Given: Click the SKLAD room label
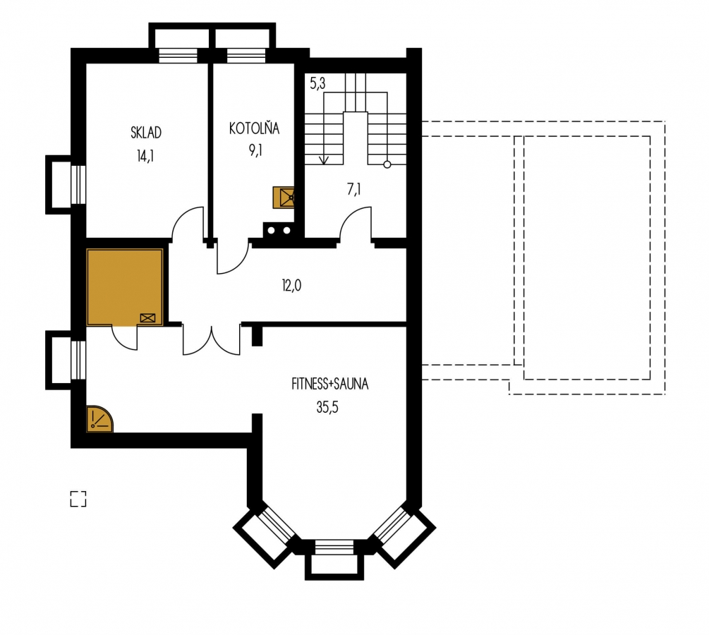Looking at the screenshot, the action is [145, 133].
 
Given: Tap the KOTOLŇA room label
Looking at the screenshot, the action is [254, 128].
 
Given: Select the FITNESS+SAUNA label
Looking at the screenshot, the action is [329, 384].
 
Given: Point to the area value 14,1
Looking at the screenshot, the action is [145, 156].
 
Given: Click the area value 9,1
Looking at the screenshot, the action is [255, 150].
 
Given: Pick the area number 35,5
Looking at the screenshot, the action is [327, 408].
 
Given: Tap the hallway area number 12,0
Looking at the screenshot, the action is [291, 285].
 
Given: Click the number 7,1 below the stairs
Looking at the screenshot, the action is [353, 190].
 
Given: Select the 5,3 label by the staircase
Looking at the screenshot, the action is [317, 83].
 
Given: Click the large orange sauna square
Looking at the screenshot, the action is [125, 286].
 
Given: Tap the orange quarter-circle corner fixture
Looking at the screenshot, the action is [99, 419].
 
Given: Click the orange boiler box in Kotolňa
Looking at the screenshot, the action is [284, 198].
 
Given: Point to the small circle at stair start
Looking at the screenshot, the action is [387, 164].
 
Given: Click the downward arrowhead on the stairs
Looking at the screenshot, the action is [324, 161].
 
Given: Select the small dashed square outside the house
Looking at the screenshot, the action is [78, 499].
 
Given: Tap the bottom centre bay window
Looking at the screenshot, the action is [334, 559].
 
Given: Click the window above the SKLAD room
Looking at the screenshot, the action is [178, 55].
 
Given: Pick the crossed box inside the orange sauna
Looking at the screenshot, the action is [148, 318].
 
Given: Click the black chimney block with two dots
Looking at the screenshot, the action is [279, 230].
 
